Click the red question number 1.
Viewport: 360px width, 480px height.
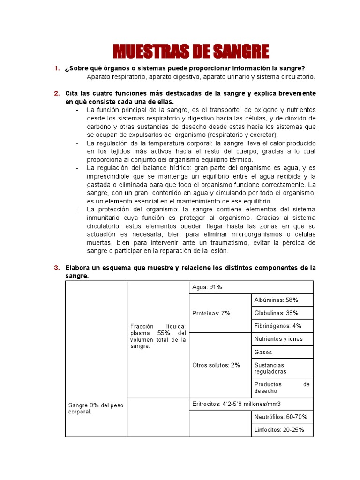pos(56,69)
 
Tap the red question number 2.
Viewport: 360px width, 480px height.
pos(56,93)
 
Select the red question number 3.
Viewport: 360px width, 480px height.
pos(56,268)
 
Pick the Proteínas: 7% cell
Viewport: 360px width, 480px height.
pos(211,313)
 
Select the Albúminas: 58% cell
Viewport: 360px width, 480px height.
pos(282,300)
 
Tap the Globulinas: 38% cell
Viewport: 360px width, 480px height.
pos(282,313)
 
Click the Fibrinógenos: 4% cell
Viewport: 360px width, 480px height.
pos(282,326)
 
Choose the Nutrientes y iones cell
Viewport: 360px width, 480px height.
pos(282,339)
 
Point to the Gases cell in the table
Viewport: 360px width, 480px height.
pos(282,352)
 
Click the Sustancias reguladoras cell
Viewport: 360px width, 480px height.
pos(282,368)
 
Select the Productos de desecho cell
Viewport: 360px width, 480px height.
pos(282,387)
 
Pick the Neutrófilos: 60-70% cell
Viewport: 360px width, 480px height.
pos(282,417)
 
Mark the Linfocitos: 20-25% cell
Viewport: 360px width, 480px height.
pos(282,429)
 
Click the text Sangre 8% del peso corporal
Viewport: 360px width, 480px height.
pos(96,408)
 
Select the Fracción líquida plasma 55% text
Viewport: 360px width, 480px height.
pos(158,336)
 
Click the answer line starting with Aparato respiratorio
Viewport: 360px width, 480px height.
pos(201,77)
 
